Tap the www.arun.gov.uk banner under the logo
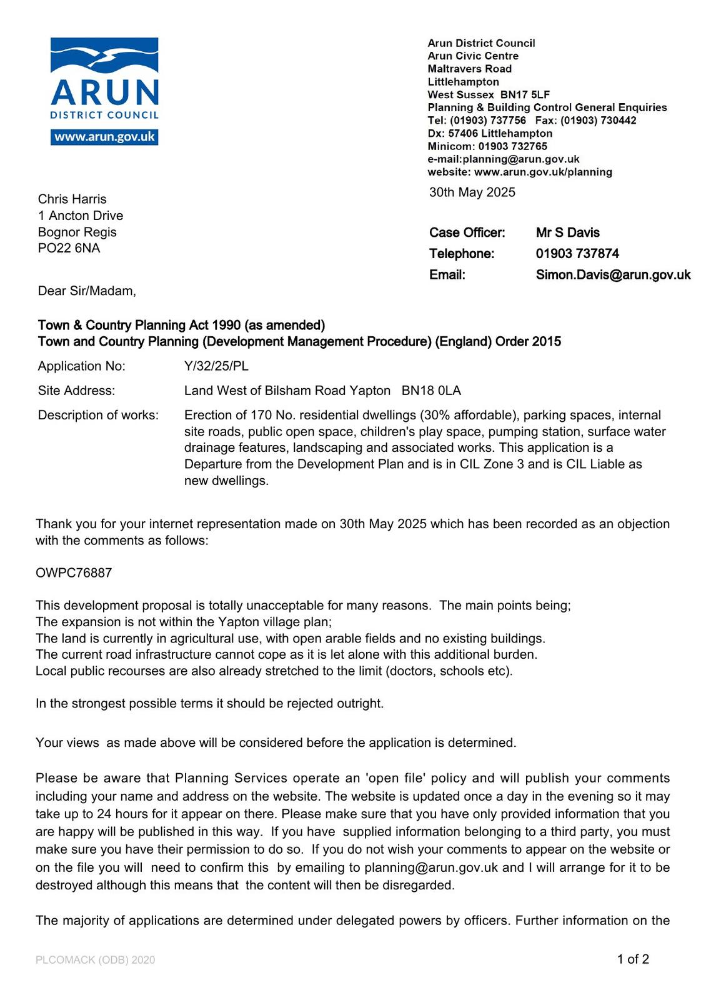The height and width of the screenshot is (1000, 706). tap(104, 137)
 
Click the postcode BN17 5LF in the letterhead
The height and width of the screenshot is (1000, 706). tap(525, 94)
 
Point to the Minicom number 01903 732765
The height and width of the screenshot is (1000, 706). tap(512, 146)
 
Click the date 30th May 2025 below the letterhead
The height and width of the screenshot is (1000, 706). tap(472, 192)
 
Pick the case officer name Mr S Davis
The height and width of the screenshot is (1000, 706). tap(567, 232)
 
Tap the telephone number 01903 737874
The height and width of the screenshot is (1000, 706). tap(577, 254)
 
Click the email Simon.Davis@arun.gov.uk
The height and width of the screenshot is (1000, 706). tap(613, 275)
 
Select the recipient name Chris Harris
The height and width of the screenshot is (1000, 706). tap(72, 199)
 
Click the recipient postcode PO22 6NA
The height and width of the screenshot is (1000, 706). tap(69, 248)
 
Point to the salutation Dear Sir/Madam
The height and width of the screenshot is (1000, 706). tap(86, 291)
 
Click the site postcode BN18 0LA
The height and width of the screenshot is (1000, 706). tap(431, 391)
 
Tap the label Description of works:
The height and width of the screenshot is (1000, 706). tap(98, 416)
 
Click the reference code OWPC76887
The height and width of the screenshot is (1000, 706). tap(74, 573)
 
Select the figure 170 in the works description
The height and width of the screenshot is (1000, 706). tap(261, 416)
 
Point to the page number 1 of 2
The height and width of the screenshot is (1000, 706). tap(633, 959)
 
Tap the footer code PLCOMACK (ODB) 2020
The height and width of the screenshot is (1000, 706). tap(95, 960)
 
